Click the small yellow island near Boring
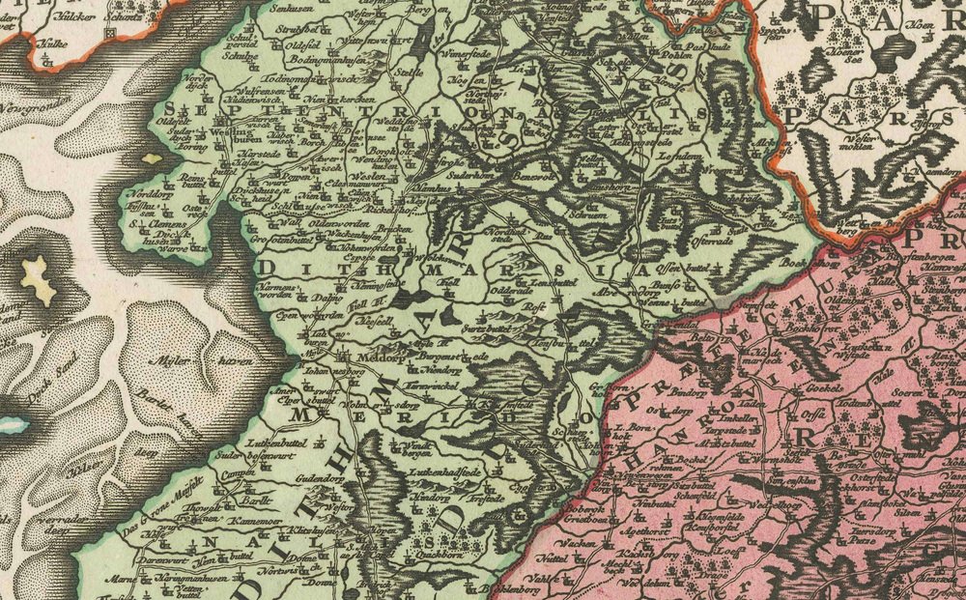pos(152,156)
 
